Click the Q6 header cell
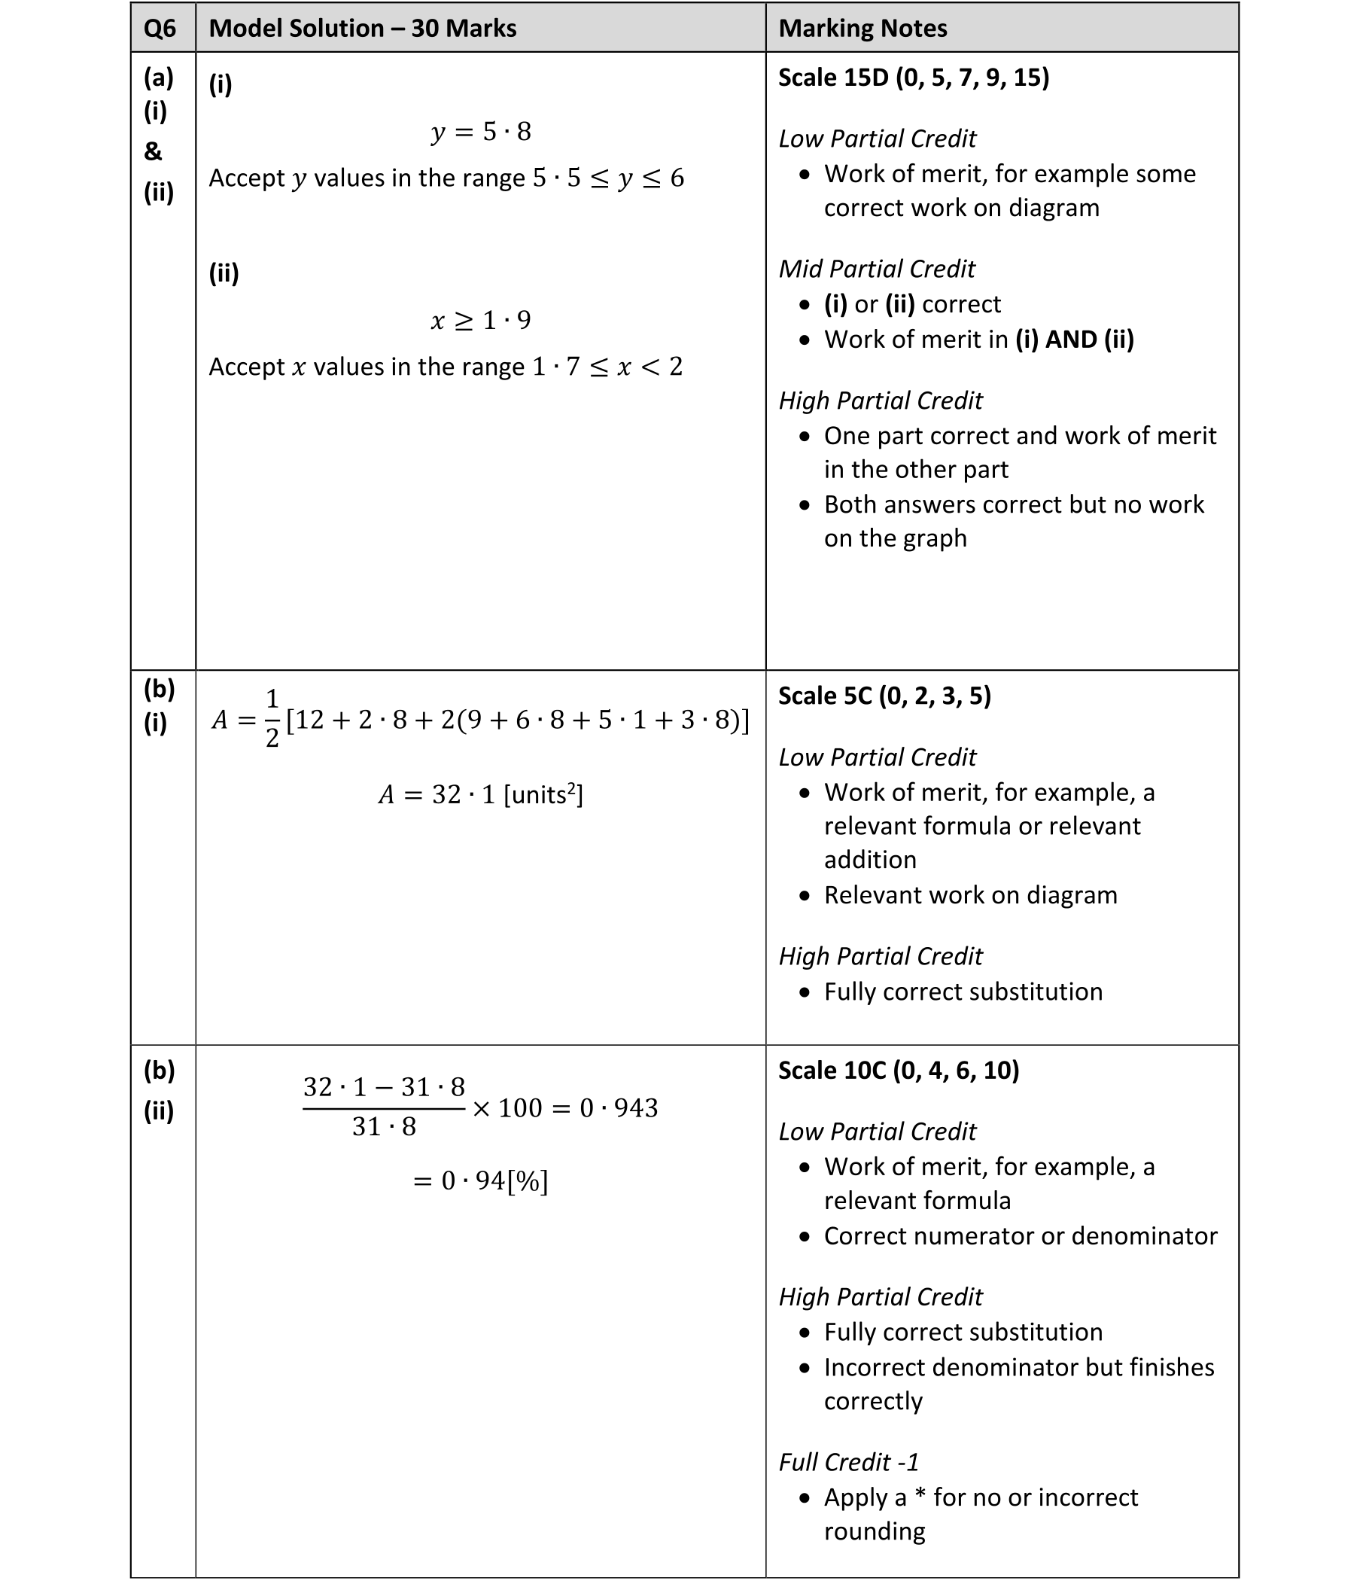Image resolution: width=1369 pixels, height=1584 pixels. click(x=160, y=29)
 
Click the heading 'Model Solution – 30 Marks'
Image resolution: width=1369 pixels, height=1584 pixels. click(x=362, y=29)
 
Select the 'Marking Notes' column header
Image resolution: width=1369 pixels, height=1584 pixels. click(x=862, y=29)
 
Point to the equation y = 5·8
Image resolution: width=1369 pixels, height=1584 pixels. click(x=480, y=132)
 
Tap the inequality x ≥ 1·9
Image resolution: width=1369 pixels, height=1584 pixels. click(x=480, y=319)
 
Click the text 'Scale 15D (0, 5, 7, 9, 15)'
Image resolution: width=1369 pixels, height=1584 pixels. click(x=914, y=78)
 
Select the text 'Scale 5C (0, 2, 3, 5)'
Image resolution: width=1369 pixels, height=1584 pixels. click(x=884, y=696)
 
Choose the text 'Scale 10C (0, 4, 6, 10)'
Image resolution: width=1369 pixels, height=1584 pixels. click(x=898, y=1071)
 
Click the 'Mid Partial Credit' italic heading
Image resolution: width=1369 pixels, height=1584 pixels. click(x=877, y=269)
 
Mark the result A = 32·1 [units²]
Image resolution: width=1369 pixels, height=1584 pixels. click(x=480, y=795)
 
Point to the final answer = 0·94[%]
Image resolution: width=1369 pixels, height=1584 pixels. click(x=480, y=1181)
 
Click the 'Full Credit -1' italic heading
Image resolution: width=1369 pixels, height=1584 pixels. click(x=848, y=1463)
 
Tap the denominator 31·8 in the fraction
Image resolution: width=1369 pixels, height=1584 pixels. click(x=384, y=1127)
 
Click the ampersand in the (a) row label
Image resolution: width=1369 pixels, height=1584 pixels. click(x=153, y=151)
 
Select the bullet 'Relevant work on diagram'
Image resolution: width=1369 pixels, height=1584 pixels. click(x=970, y=895)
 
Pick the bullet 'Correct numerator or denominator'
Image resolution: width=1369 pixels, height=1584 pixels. click(x=1020, y=1236)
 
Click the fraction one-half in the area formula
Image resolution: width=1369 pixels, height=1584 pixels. click(x=272, y=719)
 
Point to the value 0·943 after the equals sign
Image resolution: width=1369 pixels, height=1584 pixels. click(x=619, y=1108)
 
